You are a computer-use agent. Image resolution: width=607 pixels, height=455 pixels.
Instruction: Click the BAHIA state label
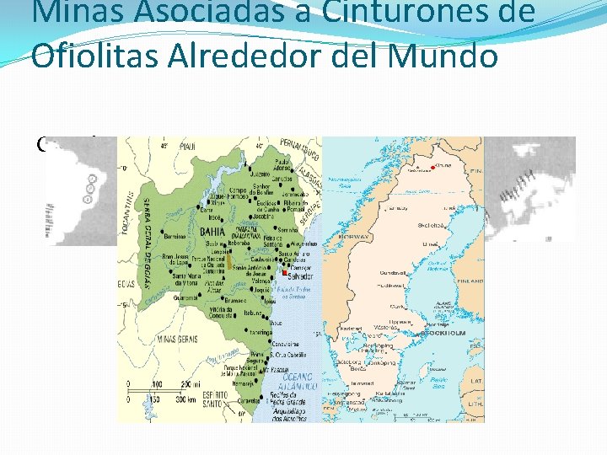pyautogui.click(x=212, y=230)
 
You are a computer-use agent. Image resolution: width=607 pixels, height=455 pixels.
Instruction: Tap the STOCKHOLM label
pyautogui.click(x=446, y=333)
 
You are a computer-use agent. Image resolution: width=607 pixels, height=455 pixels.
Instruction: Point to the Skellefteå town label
pyautogui.click(x=432, y=225)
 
